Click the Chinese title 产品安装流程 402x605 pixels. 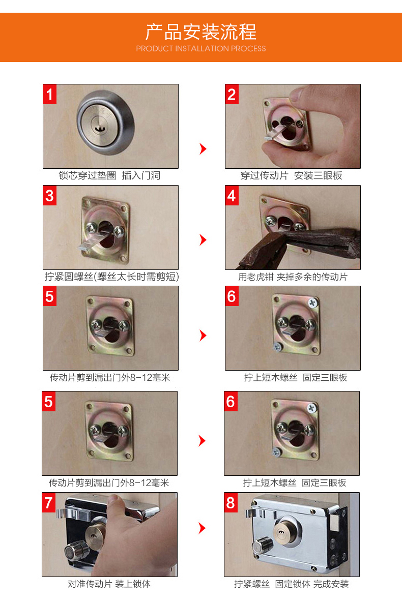[201, 32]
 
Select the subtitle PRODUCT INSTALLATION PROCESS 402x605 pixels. [201, 49]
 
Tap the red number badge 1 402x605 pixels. [50, 94]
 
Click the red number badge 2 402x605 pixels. [232, 94]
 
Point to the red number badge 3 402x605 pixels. [50, 195]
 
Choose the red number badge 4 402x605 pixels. [232, 195]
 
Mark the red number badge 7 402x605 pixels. [49, 502]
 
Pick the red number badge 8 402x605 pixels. [231, 502]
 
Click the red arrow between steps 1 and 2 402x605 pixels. [203, 149]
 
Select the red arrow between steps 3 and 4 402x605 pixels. [203, 239]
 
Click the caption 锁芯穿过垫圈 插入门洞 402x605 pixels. [110, 176]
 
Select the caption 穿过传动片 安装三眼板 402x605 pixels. [292, 176]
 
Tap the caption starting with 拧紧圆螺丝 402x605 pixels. [111, 277]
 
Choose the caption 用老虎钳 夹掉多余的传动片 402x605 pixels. [293, 277]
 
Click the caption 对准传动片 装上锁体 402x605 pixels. [109, 584]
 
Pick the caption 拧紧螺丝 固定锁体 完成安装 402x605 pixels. [292, 584]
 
